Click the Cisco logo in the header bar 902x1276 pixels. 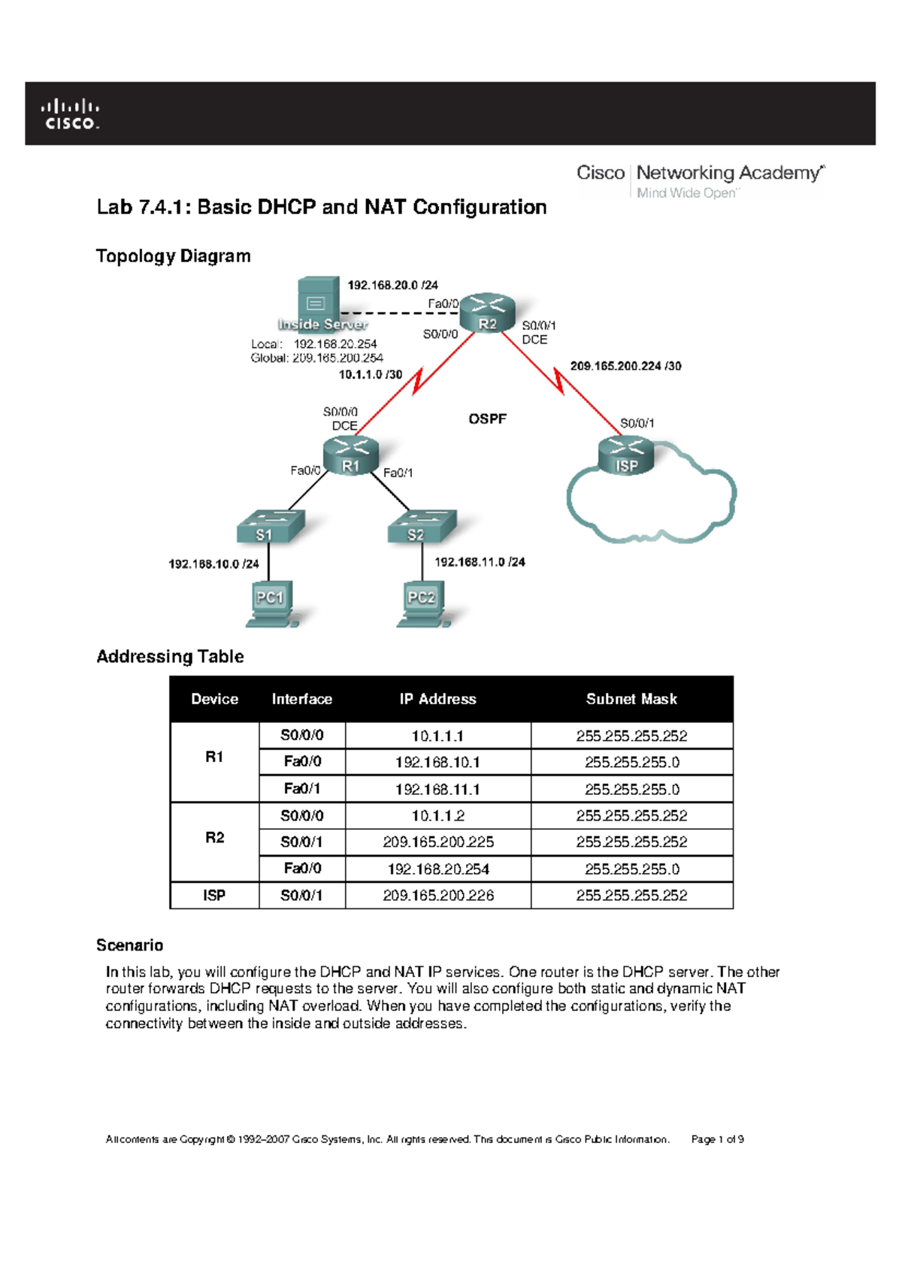click(70, 114)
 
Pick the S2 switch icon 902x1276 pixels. click(421, 527)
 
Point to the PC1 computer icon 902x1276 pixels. click(271, 603)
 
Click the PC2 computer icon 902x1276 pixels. click(422, 603)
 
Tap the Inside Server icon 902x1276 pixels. click(318, 304)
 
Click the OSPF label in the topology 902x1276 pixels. click(487, 419)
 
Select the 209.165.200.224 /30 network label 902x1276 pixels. click(625, 366)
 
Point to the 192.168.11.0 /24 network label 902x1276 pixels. click(480, 562)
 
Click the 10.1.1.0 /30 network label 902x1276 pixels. click(370, 374)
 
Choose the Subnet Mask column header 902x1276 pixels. click(631, 699)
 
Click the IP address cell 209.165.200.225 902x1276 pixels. click(438, 842)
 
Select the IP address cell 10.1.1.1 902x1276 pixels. click(437, 736)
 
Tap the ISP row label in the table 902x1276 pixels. click(214, 896)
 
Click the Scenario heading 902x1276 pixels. click(129, 945)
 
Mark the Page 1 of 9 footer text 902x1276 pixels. click(717, 1139)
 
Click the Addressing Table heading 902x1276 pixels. click(170, 657)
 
